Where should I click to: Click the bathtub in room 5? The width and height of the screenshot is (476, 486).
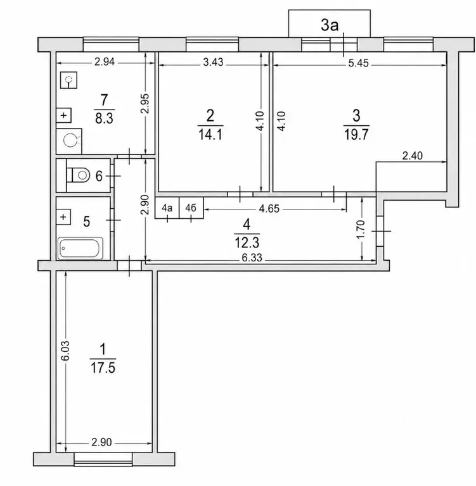[80, 248]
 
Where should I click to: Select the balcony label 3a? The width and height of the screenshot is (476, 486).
[330, 25]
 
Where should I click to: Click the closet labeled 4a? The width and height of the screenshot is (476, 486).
[167, 208]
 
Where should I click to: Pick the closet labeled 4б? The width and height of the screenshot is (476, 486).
[191, 208]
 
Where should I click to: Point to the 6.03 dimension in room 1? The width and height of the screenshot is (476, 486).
[65, 351]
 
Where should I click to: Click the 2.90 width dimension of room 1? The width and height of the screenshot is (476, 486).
[101, 442]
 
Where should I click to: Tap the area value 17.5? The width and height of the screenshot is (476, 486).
[103, 368]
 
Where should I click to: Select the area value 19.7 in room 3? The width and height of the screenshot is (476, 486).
[356, 135]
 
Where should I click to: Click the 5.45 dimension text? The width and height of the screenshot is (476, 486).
[358, 63]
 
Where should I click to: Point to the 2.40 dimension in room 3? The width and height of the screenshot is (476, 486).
[413, 156]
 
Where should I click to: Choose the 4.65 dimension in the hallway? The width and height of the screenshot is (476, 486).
[269, 209]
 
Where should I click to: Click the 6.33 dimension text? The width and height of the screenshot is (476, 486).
[252, 258]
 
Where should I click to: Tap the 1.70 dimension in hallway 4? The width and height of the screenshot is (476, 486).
[361, 229]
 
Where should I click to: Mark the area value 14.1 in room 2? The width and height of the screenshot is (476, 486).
[210, 135]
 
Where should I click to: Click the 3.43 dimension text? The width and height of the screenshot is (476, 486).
[213, 62]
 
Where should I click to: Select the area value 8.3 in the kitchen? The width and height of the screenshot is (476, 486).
[105, 118]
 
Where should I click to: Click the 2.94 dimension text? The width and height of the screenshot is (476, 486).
[105, 62]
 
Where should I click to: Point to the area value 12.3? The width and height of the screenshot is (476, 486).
[247, 243]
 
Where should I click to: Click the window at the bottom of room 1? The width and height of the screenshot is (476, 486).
[103, 459]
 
